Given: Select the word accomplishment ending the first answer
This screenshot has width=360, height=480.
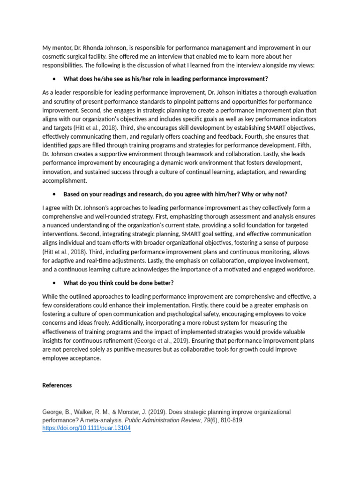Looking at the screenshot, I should point(64,180).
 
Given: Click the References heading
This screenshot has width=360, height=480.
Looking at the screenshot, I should point(57,385).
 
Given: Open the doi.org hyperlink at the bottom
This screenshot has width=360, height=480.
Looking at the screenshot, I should point(86,428).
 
